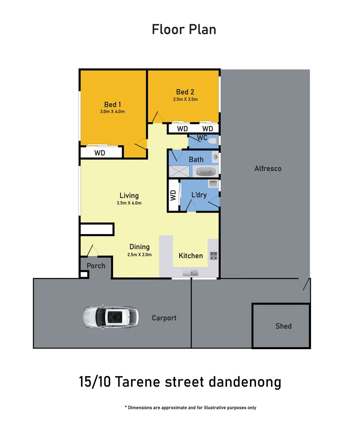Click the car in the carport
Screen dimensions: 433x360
point(110,317)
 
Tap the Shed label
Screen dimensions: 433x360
point(283,326)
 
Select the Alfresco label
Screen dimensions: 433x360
point(268,168)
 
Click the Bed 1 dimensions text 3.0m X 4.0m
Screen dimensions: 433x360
point(112,111)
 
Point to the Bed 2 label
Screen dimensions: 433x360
point(185,92)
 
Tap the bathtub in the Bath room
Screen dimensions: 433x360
point(206,172)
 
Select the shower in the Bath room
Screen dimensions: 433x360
point(177,171)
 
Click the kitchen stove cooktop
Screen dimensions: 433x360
point(214,255)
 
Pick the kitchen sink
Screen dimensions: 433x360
point(191,273)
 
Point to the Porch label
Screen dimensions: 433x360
point(96,265)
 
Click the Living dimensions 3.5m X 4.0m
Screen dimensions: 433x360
point(129,203)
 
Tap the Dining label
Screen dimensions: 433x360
point(139,247)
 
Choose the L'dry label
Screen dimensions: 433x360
point(199,195)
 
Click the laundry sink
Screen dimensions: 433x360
point(213,184)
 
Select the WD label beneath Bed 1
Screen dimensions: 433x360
point(100,153)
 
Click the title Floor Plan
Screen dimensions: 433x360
point(184,29)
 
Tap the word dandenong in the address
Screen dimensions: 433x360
point(245,382)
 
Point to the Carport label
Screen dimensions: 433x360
point(164,318)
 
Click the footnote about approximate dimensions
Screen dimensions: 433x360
point(190,408)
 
